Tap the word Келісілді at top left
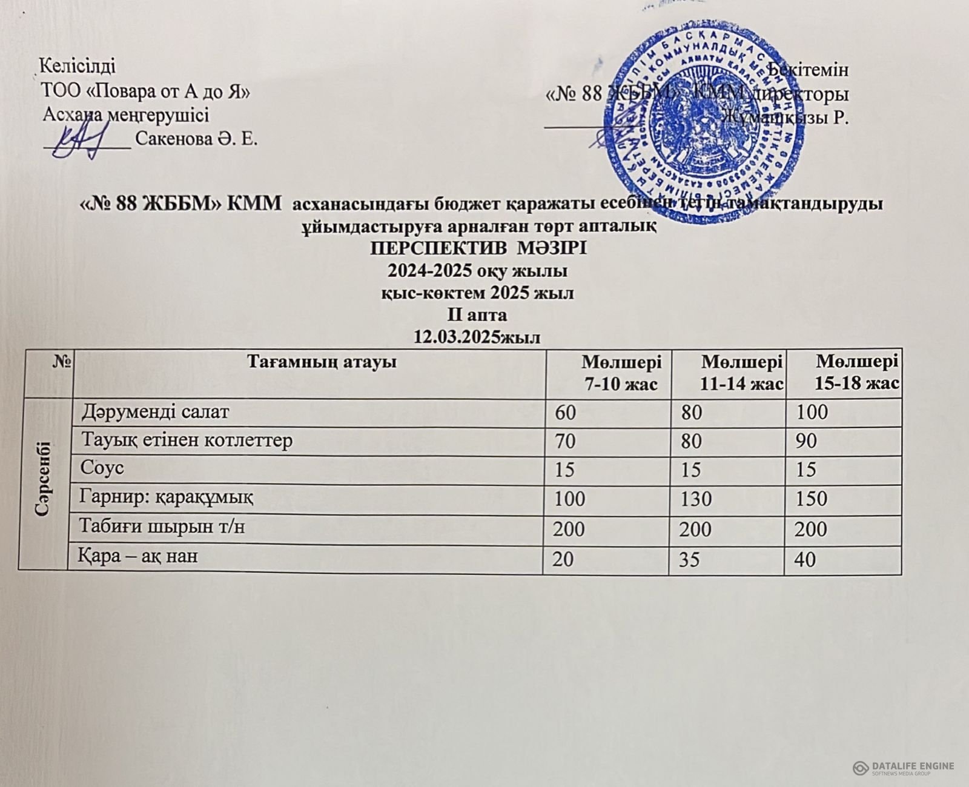tap(77, 64)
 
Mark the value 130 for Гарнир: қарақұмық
tap(694, 500)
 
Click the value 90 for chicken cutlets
tap(807, 441)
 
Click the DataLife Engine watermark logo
tap(903, 768)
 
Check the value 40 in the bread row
tap(806, 559)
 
